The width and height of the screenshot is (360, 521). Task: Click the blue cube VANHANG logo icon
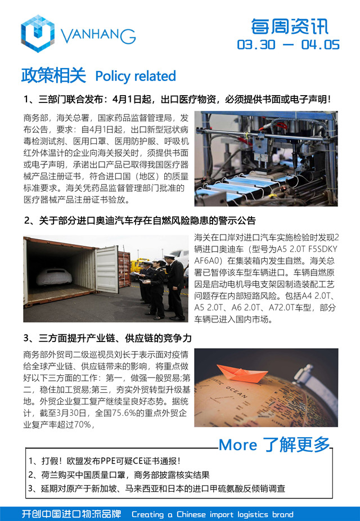38,34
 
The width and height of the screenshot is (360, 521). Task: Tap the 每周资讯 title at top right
289,26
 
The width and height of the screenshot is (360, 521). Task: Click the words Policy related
136,76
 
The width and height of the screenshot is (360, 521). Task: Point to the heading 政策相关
53,75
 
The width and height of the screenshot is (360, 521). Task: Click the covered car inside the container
54,276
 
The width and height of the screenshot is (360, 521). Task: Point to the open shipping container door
106,269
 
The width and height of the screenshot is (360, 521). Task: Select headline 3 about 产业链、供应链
107,338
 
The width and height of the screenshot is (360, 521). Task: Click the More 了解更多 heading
274,444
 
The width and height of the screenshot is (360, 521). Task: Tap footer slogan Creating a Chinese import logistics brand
212,514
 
